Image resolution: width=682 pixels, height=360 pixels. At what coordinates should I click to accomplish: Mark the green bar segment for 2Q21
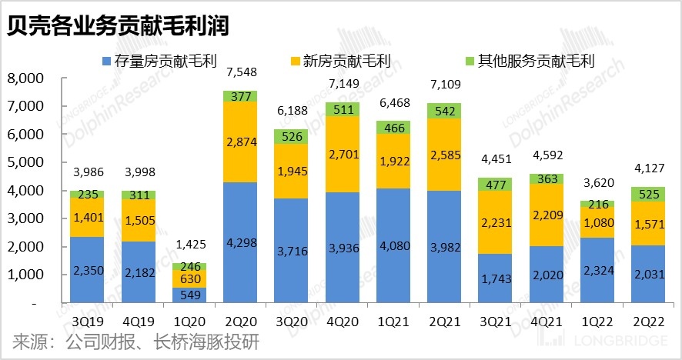(x=450, y=111)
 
